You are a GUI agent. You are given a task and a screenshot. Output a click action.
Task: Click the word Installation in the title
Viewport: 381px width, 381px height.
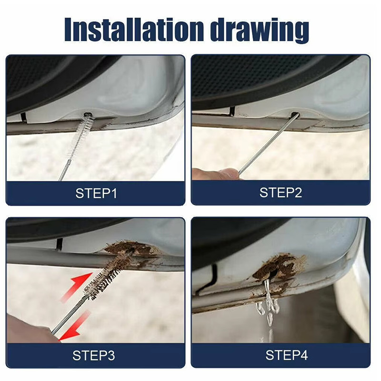point(134,29)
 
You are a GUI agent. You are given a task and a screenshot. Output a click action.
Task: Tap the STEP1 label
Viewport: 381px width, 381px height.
point(96,193)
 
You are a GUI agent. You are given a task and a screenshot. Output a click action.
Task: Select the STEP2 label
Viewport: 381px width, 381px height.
point(281,193)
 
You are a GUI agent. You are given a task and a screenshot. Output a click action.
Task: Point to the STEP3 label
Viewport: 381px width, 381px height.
point(93,355)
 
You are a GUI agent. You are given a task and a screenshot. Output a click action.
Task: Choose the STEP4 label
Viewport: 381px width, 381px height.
point(287,355)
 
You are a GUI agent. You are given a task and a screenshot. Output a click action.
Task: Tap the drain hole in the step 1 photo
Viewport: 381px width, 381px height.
point(87,114)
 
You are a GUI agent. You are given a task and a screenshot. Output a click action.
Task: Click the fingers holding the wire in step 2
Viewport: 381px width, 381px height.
point(215,173)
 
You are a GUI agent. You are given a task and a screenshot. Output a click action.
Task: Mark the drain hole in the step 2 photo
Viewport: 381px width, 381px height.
point(295,114)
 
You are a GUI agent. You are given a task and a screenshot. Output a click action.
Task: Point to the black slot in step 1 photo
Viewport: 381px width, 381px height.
point(24,117)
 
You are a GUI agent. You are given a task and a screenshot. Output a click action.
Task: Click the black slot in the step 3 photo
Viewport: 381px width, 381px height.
point(59,243)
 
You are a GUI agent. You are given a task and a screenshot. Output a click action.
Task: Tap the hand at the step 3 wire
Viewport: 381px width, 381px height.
point(29,328)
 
